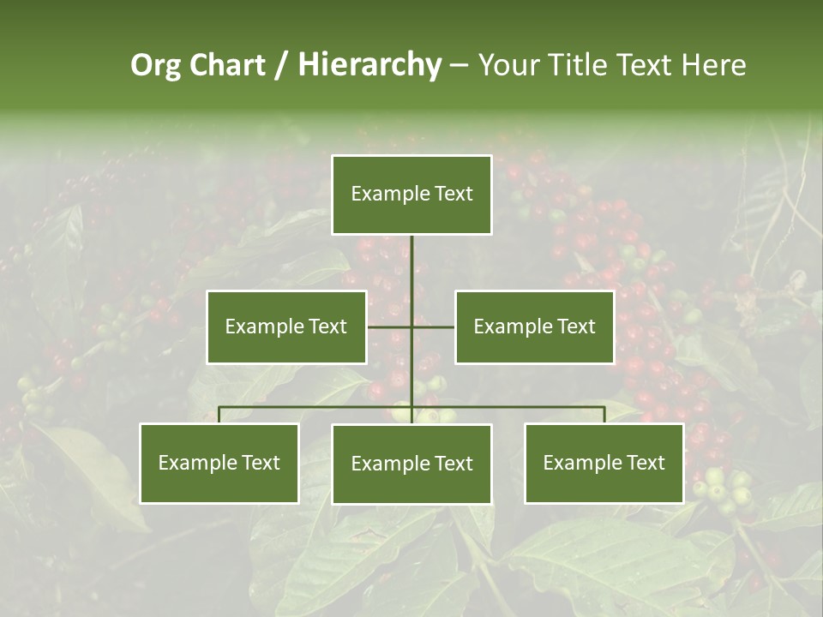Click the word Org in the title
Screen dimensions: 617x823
[x=154, y=65]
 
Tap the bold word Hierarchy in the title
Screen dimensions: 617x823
[x=369, y=65]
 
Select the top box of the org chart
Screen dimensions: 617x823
[x=411, y=195]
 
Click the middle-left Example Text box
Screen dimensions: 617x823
[x=286, y=326]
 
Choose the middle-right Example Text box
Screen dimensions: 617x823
[x=534, y=326]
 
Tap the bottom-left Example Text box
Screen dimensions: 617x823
[x=219, y=464]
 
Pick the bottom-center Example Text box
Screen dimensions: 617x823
[x=411, y=464]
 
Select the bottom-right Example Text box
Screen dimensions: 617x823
[x=604, y=464]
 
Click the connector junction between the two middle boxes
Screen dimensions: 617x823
[x=411, y=326]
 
